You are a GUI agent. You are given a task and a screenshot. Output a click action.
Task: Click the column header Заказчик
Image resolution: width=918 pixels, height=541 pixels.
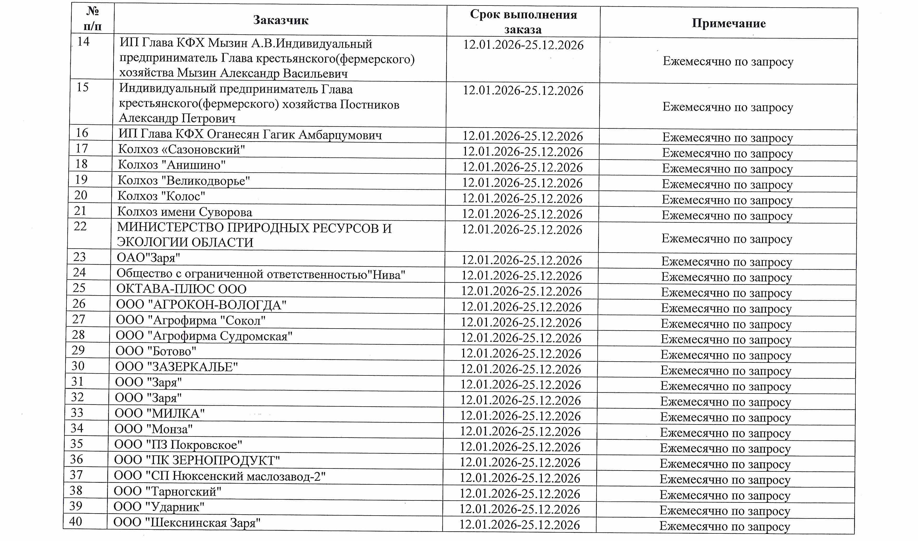[x=281, y=20]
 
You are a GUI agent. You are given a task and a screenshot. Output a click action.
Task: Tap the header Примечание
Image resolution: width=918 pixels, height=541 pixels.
[x=728, y=23]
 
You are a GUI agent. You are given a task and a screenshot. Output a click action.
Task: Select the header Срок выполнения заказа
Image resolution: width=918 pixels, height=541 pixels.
[x=523, y=21]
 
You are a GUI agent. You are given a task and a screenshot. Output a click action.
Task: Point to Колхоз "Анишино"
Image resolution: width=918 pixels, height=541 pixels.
[x=171, y=165]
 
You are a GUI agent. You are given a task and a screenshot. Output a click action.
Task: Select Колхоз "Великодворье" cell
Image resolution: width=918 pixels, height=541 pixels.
[x=183, y=181]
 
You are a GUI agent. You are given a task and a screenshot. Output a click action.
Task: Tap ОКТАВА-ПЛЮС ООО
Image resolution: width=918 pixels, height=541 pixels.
[x=181, y=289]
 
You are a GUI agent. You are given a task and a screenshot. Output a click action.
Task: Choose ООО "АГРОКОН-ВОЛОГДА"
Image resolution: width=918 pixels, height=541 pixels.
[x=201, y=305]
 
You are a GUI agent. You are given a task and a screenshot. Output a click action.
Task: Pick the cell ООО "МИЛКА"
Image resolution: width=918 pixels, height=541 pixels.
[x=160, y=414]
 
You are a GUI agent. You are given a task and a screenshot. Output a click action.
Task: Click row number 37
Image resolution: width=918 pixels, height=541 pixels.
[x=76, y=475]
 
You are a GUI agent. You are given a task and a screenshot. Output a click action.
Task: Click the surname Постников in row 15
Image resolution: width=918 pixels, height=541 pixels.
[x=369, y=105]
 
